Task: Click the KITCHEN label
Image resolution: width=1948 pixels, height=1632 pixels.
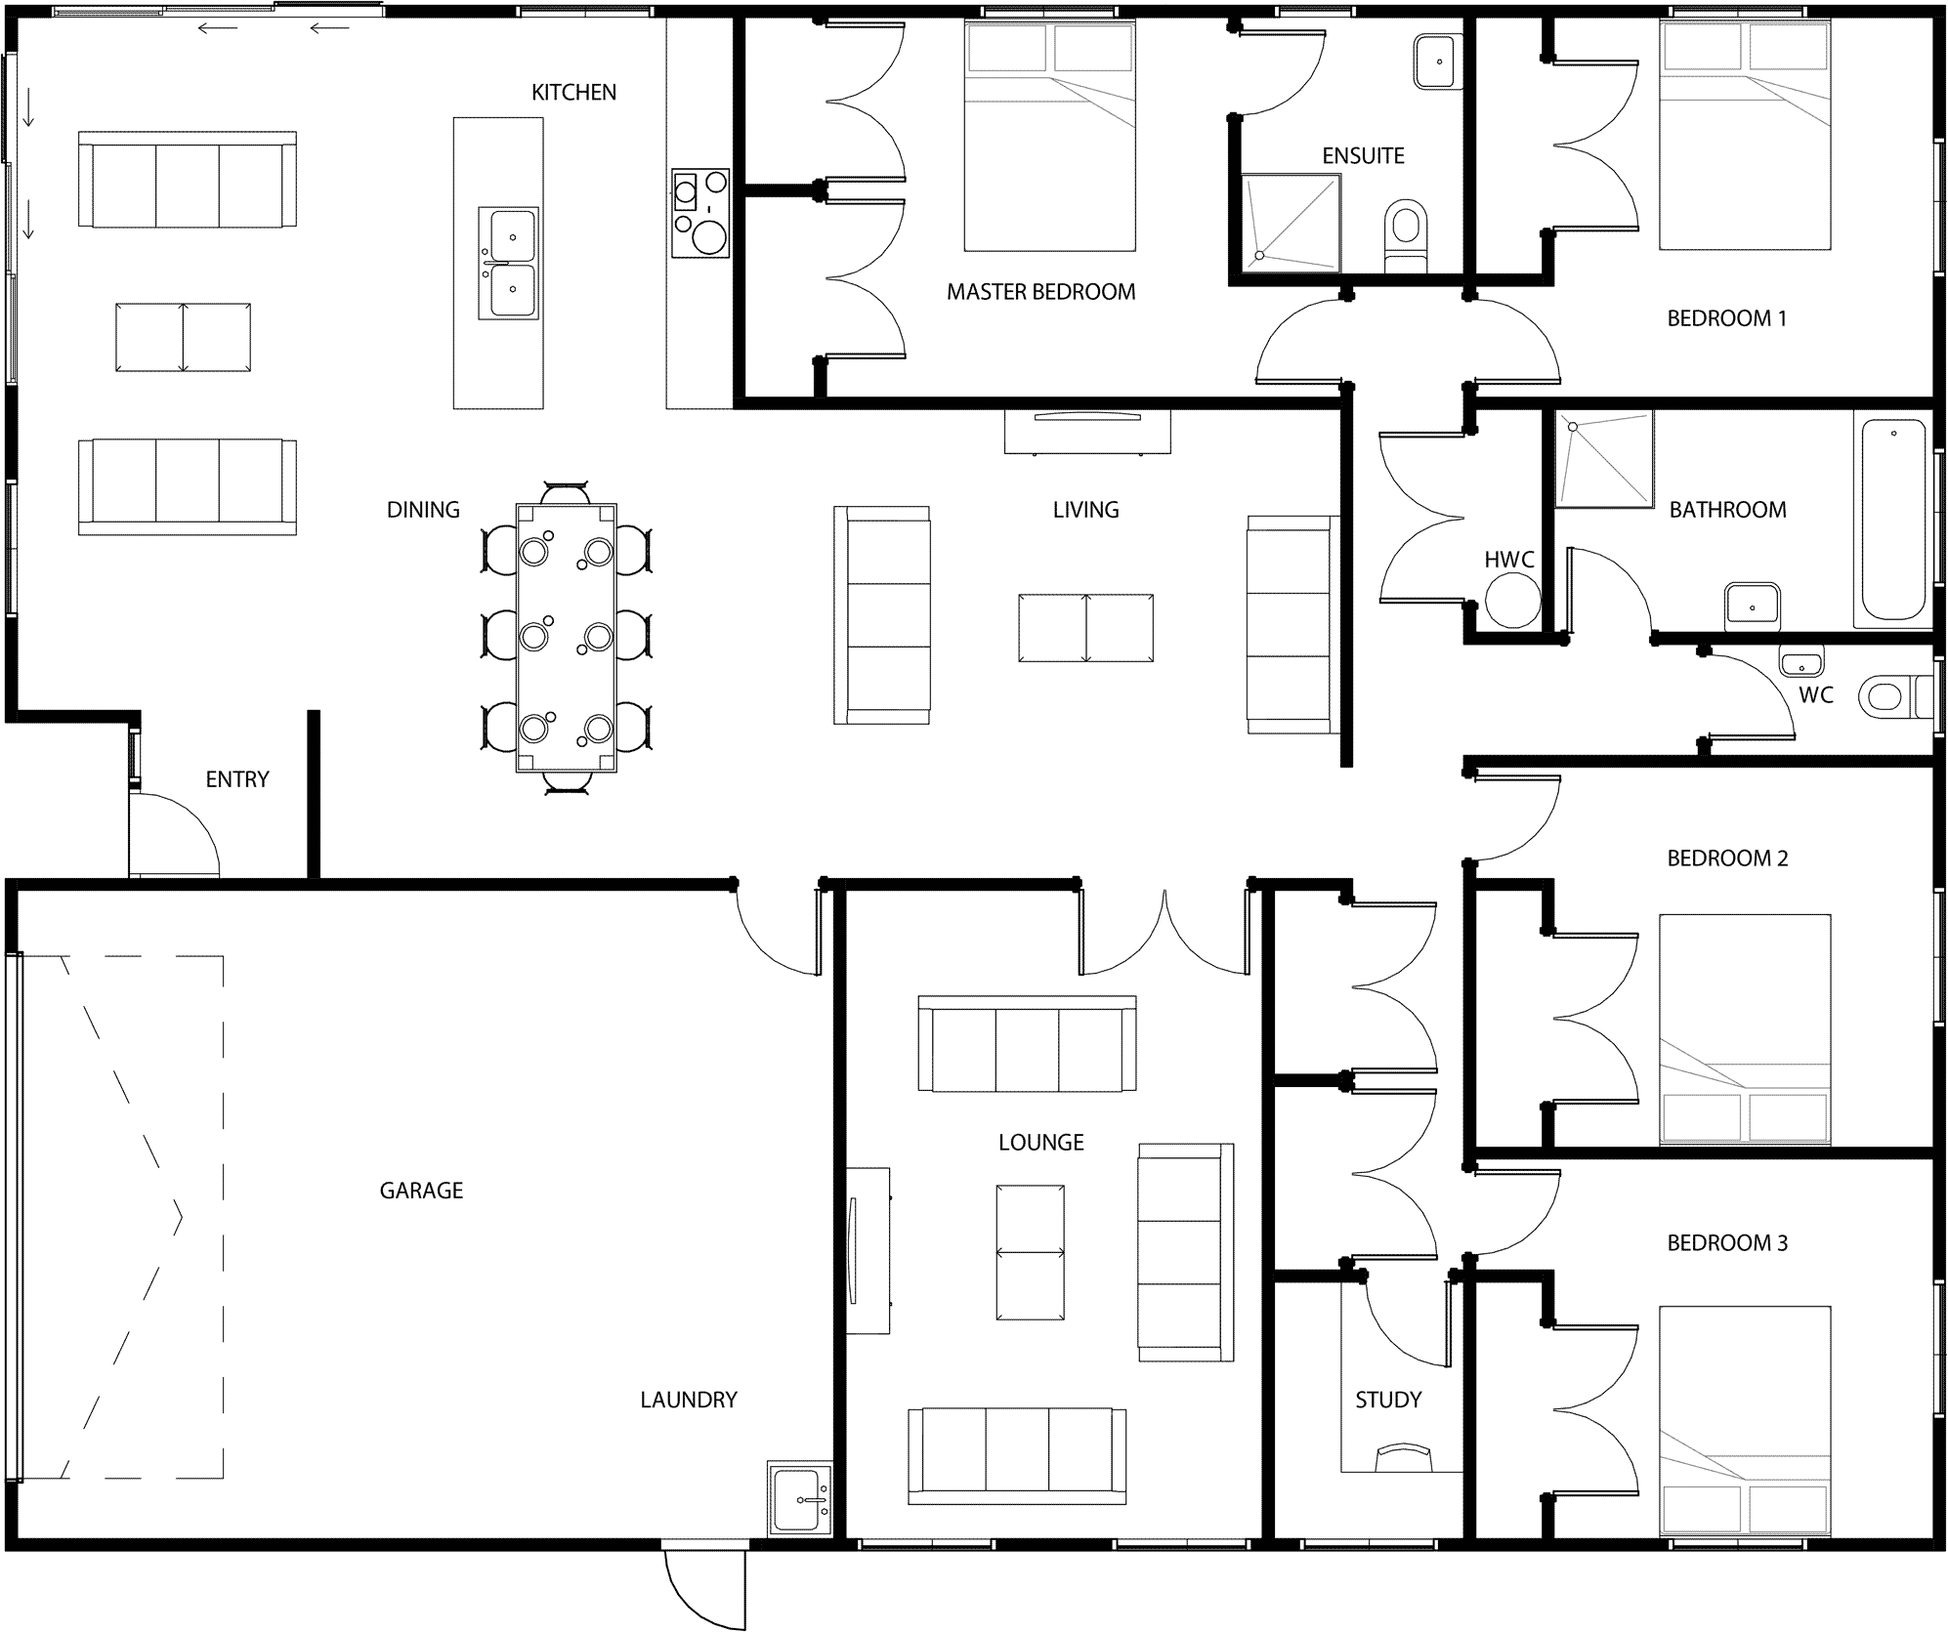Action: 573,93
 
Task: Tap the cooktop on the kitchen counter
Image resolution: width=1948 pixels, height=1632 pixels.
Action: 700,213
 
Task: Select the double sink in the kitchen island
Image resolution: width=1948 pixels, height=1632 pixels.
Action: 508,264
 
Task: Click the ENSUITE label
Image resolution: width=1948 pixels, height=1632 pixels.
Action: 1363,156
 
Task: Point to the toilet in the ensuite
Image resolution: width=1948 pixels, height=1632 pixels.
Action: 1406,235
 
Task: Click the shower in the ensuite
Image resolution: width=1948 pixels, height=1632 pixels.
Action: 1291,224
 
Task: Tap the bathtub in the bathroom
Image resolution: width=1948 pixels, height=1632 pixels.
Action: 1893,520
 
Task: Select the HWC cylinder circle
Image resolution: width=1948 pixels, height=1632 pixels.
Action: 1512,601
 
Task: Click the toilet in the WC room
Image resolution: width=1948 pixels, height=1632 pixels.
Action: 1895,696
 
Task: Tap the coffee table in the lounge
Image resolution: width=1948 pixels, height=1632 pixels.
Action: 1030,1253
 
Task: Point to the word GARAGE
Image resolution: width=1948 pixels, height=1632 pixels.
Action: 421,1191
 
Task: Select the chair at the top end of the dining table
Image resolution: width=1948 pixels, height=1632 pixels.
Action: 566,492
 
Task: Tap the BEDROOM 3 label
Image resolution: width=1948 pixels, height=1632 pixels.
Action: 1727,1243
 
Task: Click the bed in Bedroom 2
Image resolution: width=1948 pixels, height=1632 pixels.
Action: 1745,1029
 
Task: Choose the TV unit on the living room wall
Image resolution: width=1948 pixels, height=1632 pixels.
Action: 1087,431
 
